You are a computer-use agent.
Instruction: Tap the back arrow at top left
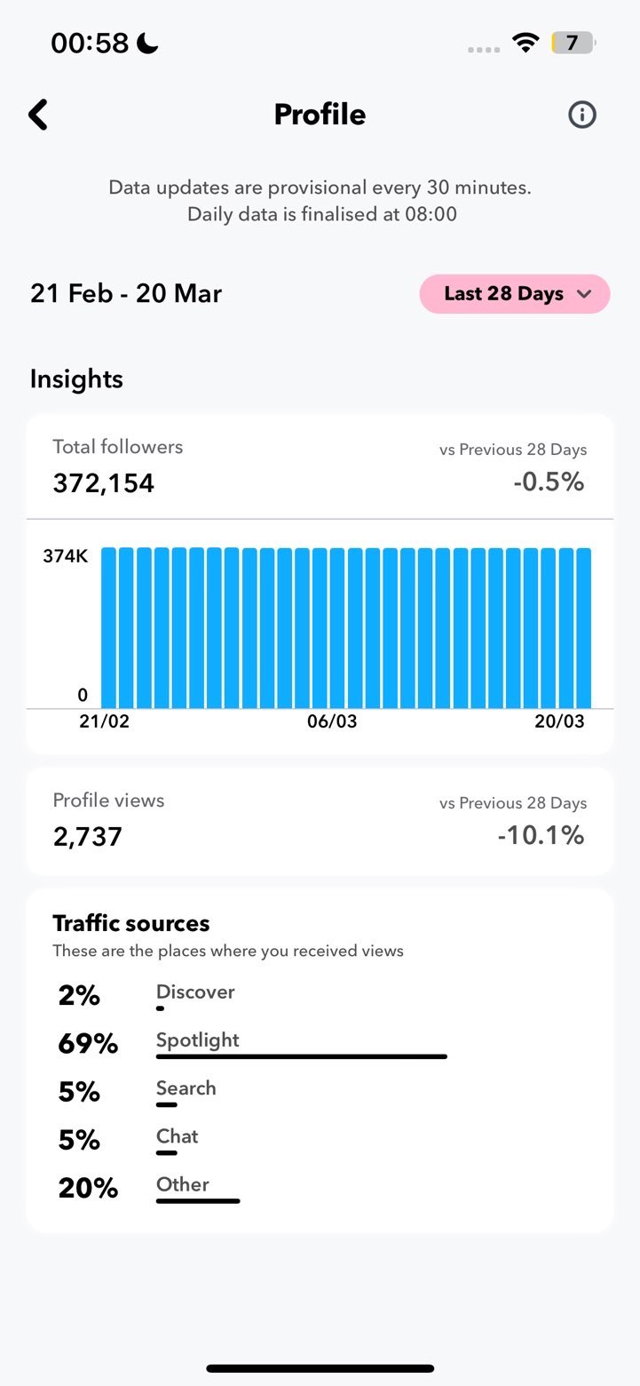[37, 115]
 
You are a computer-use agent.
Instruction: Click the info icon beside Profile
[582, 115]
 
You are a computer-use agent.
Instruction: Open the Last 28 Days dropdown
[515, 294]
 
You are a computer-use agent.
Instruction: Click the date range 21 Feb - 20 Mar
[126, 294]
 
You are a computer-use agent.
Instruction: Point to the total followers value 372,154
[103, 483]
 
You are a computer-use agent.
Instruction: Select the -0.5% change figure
[549, 482]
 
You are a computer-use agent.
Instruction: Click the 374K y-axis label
[65, 557]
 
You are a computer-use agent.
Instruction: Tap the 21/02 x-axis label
[104, 721]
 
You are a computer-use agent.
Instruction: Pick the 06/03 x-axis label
[332, 721]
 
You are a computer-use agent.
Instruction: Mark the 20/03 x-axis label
[559, 721]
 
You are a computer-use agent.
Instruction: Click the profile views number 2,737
[87, 837]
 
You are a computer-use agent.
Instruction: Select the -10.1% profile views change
[541, 835]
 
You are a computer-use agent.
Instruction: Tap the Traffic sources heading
[131, 924]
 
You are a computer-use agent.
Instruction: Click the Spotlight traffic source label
[198, 1040]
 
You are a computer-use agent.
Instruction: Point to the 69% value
[88, 1044]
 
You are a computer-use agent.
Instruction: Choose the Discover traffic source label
[195, 992]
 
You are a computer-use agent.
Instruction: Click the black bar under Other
[198, 1201]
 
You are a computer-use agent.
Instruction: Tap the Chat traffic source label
[177, 1136]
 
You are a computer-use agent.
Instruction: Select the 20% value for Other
[88, 1188]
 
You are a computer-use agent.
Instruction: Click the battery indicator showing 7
[573, 43]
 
